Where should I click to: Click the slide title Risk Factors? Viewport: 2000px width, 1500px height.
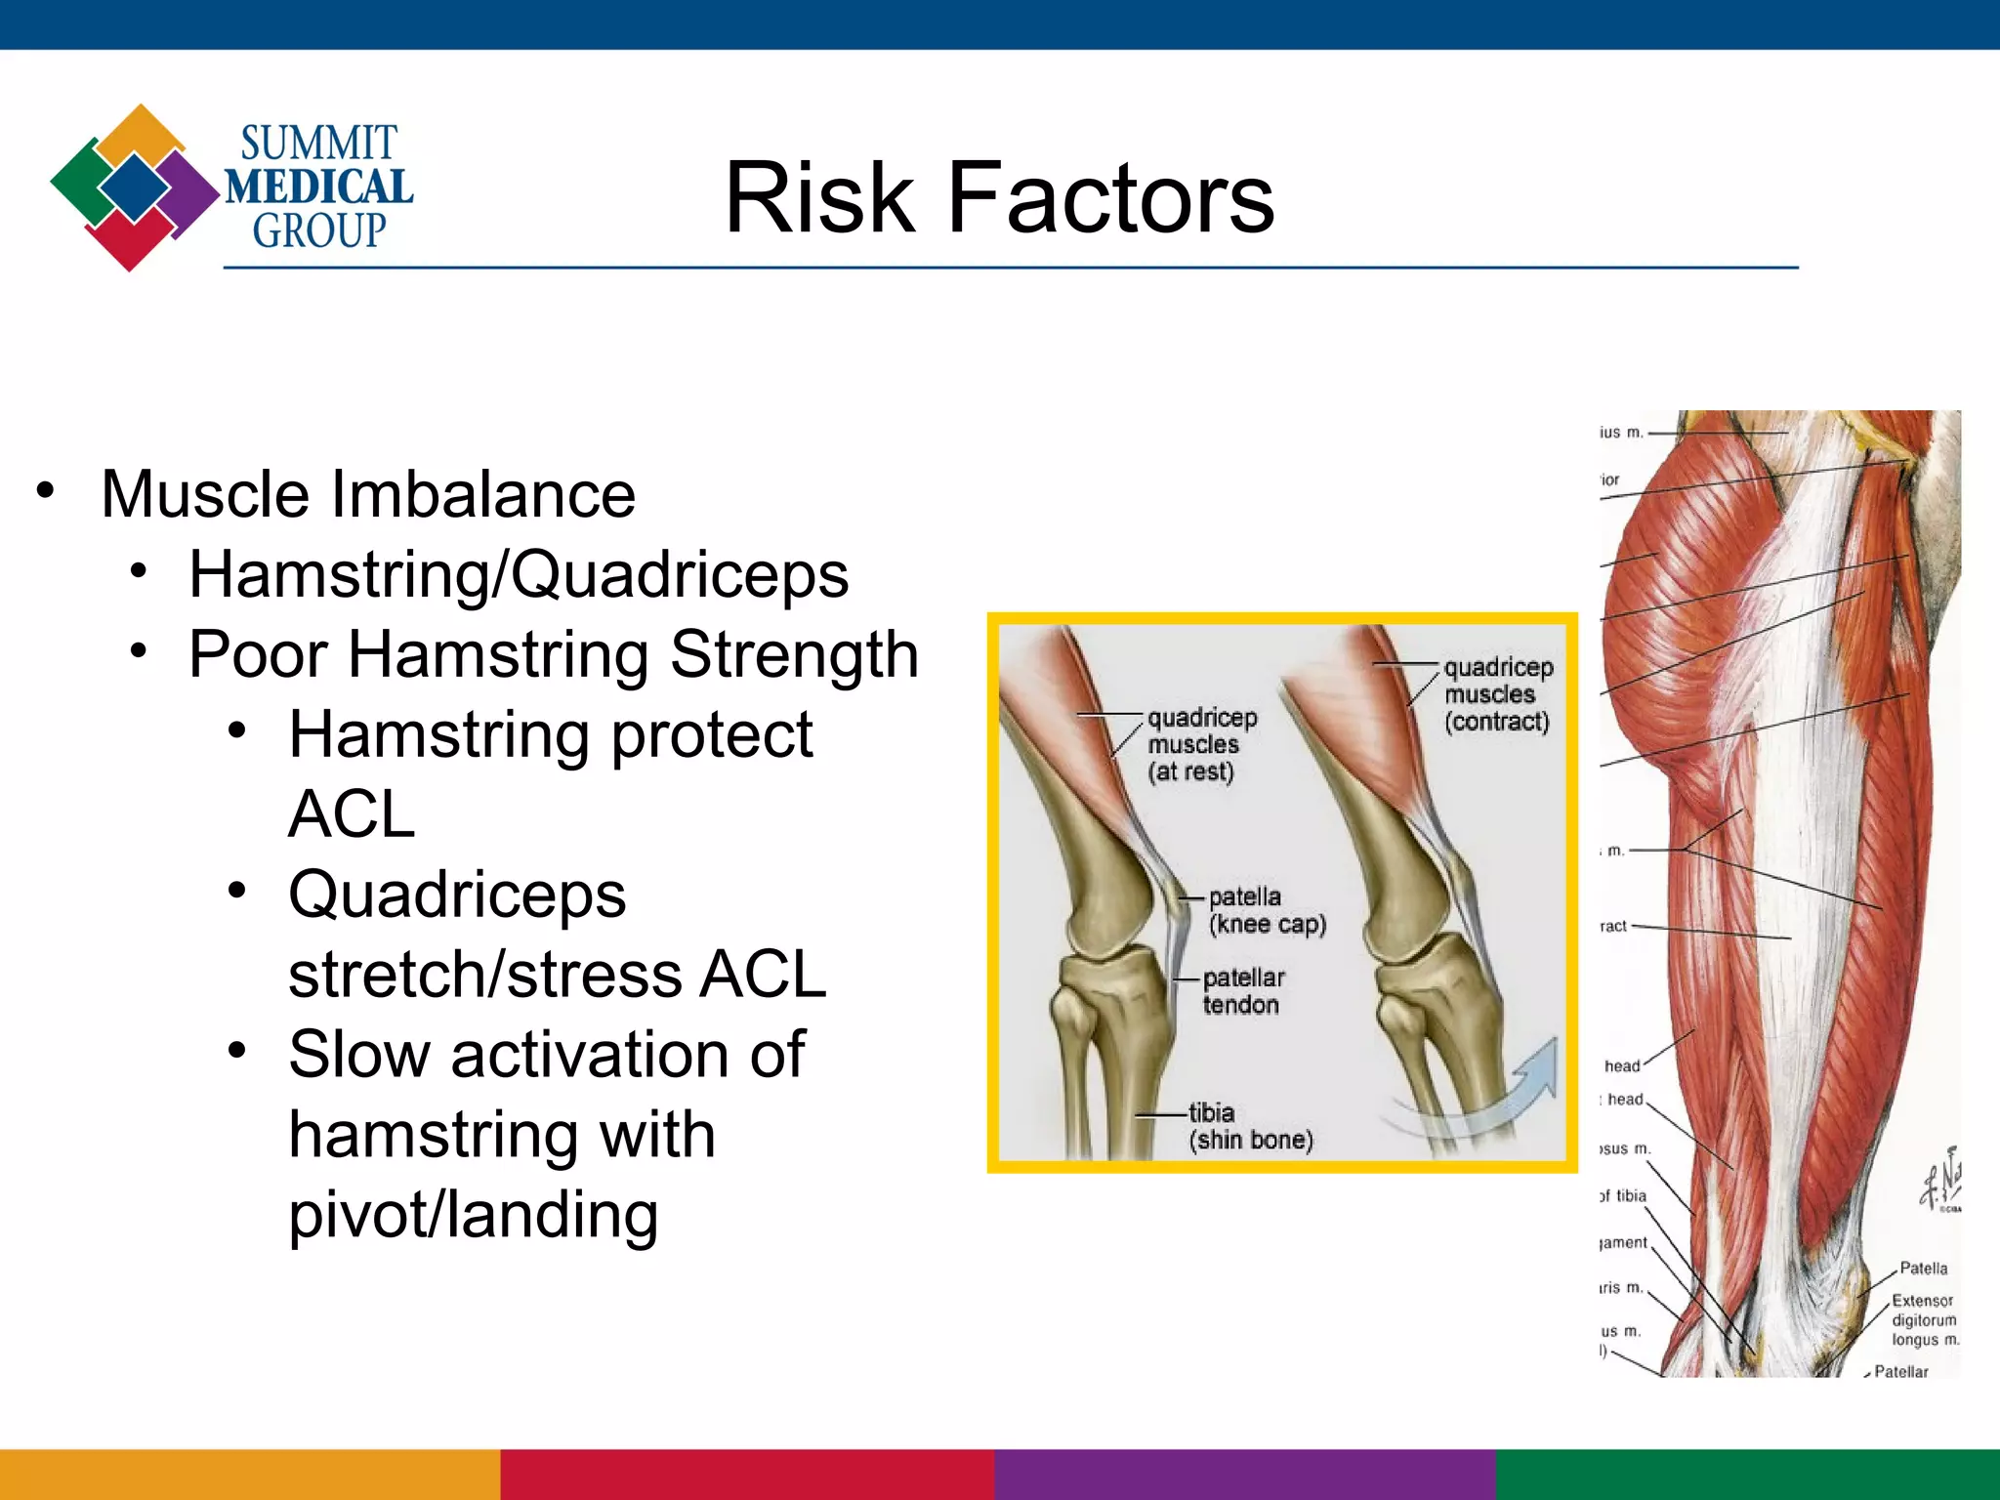click(x=998, y=198)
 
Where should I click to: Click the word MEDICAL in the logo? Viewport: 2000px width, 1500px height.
click(x=318, y=187)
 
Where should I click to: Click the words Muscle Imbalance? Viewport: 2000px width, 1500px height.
click(x=368, y=494)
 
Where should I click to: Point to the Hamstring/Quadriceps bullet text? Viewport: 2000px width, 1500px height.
click(x=519, y=574)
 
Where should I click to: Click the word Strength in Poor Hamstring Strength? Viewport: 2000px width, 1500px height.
click(x=794, y=654)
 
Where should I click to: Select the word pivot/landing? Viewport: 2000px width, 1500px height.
click(x=474, y=1215)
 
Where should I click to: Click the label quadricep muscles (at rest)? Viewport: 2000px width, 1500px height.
click(x=1200, y=744)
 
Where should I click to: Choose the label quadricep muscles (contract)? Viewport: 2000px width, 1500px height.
click(x=1497, y=694)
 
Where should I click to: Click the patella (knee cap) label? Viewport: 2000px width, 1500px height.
click(x=1266, y=910)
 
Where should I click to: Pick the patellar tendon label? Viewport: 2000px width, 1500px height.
click(x=1242, y=991)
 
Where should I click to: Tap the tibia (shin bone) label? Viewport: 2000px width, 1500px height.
click(x=1249, y=1126)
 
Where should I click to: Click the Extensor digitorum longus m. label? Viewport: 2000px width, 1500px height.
click(x=1923, y=1320)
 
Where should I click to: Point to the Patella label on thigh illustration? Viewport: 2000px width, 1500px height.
click(x=1922, y=1269)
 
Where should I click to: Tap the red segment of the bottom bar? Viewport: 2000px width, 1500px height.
click(x=747, y=1475)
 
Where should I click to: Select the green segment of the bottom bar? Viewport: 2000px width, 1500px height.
click(x=1747, y=1475)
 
